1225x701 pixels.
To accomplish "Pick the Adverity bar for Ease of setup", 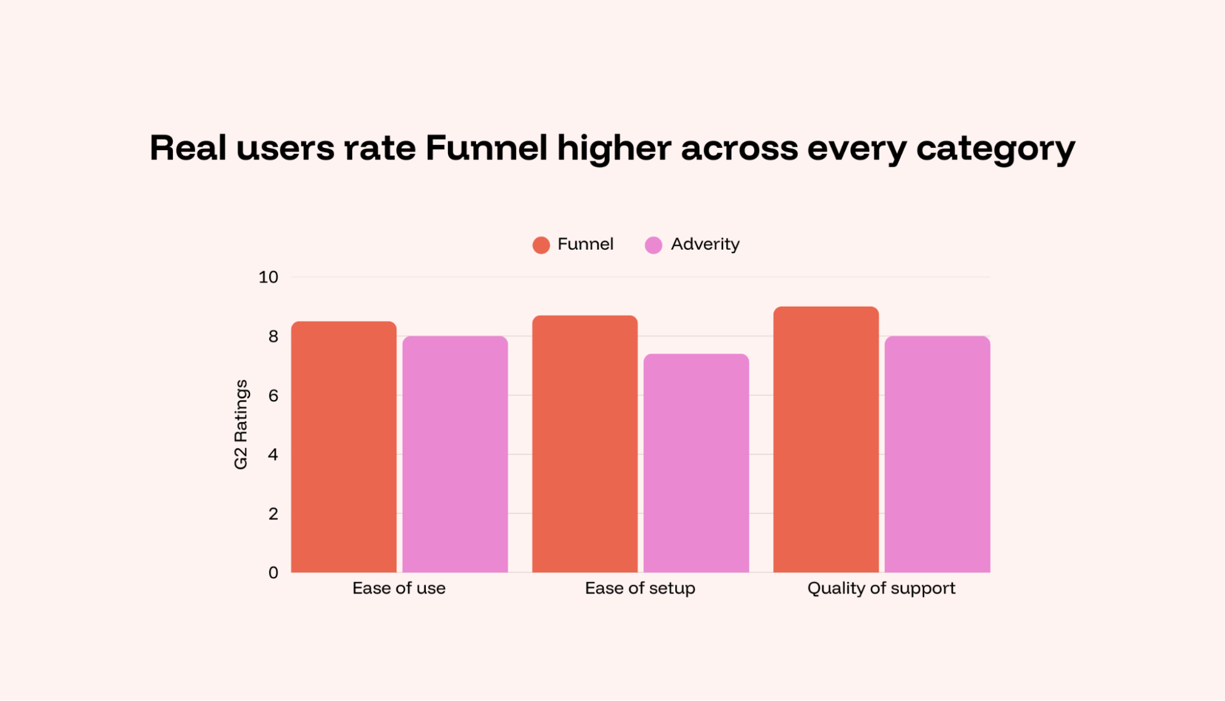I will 696,463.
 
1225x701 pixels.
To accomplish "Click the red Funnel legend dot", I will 541,245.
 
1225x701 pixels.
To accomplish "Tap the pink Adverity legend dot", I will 653,245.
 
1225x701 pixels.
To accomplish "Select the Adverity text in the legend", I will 705,244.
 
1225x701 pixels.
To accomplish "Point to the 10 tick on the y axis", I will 268,277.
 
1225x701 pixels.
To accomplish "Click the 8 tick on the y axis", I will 273,336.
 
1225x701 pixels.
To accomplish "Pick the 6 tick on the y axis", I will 273,396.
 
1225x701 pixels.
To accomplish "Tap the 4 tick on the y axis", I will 273,454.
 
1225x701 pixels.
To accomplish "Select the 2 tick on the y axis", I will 273,513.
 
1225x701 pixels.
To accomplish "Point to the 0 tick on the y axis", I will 273,573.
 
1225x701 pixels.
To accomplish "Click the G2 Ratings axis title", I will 241,424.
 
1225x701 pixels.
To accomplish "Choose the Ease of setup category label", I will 640,588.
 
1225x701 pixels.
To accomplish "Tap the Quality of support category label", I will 881,588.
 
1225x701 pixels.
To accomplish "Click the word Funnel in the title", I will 486,148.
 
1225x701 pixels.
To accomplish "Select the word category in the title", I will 995,149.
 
